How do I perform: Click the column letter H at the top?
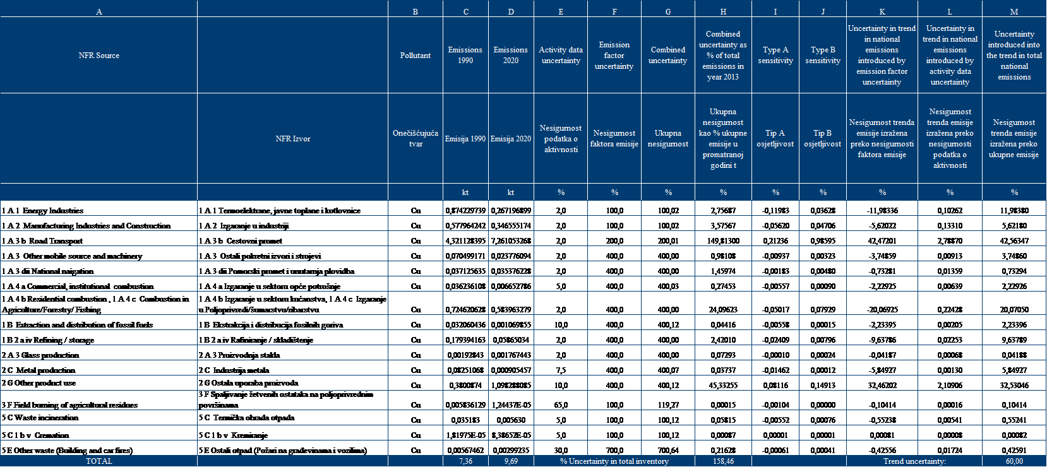click(723, 11)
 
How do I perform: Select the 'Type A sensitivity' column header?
click(775, 56)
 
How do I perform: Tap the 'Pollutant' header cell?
click(416, 56)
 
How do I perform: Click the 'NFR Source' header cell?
click(99, 56)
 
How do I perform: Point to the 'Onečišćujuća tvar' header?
click(416, 138)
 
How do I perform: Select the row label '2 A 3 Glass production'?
click(40, 355)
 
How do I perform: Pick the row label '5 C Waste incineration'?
click(40, 418)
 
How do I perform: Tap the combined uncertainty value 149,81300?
click(723, 241)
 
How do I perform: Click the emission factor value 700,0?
click(614, 451)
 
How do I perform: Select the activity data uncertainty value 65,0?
click(561, 405)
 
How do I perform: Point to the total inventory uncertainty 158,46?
click(723, 461)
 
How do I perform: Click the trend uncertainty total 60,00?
click(1014, 461)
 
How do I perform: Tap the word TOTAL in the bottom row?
click(99, 461)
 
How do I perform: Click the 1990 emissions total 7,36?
click(465, 461)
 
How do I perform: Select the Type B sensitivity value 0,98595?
click(823, 241)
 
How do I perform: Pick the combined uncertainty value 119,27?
click(668, 405)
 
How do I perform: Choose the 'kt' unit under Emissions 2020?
click(511, 192)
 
